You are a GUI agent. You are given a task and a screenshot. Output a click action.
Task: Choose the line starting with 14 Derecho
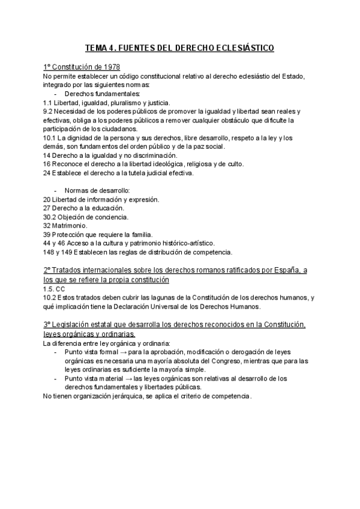click(110, 155)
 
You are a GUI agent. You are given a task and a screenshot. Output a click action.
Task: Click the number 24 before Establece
click(47, 173)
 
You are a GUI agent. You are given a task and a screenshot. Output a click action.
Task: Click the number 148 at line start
click(49, 252)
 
